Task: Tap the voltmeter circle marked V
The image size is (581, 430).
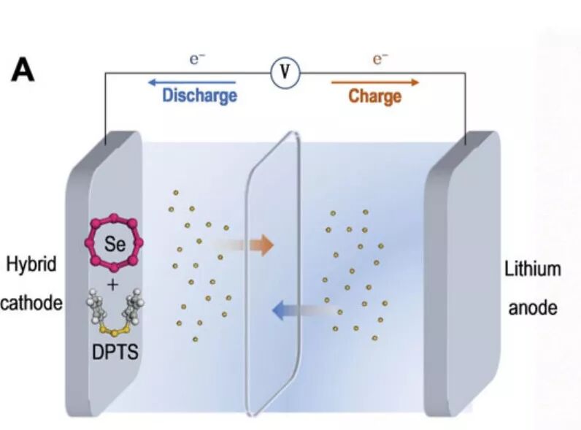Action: click(285, 72)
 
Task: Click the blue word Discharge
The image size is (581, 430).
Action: click(200, 96)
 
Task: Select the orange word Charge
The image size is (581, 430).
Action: click(374, 96)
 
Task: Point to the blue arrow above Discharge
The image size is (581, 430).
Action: click(192, 82)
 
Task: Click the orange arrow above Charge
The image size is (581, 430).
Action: click(375, 82)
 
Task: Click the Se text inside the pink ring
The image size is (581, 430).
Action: click(115, 244)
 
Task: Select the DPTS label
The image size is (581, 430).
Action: click(115, 352)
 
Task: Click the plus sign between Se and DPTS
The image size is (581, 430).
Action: click(112, 285)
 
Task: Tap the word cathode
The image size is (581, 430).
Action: click(31, 303)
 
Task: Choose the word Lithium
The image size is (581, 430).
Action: click(532, 269)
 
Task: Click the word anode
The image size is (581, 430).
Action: click(533, 308)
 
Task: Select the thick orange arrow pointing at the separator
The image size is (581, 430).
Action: click(243, 245)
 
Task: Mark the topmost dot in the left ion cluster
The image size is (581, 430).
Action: click(176, 193)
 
